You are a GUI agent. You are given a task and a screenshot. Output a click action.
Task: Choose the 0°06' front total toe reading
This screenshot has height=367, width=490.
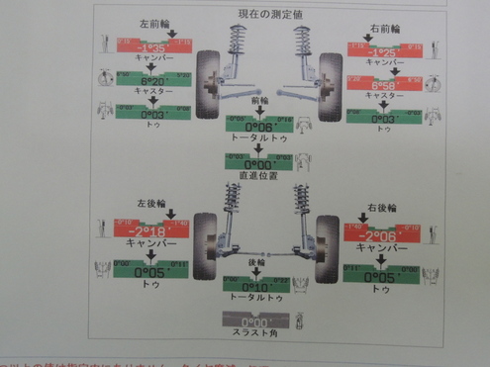coord(259,125)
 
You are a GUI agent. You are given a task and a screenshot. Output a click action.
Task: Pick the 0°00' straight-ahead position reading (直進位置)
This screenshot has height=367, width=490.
coord(259,162)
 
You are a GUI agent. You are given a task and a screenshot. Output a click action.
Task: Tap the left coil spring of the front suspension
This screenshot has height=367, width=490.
coord(238,45)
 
